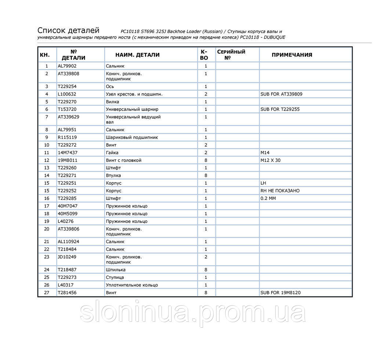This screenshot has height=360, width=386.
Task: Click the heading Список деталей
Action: pyautogui.click(x=68, y=30)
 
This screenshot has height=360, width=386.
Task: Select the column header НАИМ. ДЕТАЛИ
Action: pyautogui.click(x=137, y=55)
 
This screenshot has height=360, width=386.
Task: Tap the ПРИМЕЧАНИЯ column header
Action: pyautogui.click(x=292, y=55)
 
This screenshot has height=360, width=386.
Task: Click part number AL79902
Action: pyautogui.click(x=67, y=66)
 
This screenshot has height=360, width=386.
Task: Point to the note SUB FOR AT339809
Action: pyautogui.click(x=281, y=94)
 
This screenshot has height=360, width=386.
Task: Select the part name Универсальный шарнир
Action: pyautogui.click(x=132, y=109)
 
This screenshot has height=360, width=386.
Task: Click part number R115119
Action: pyautogui.click(x=68, y=137)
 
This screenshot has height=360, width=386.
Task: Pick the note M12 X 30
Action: pyautogui.click(x=270, y=161)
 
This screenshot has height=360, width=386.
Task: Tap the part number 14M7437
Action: pyautogui.click(x=68, y=153)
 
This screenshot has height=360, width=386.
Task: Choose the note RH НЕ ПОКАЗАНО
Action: pyautogui.click(x=280, y=191)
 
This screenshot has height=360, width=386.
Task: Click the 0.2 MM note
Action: pyautogui.click(x=268, y=199)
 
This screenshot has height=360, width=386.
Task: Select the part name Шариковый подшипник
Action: pyautogui.click(x=132, y=137)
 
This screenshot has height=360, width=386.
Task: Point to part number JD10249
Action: pyautogui.click(x=68, y=257)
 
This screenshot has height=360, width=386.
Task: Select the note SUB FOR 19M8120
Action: pyautogui.click(x=281, y=293)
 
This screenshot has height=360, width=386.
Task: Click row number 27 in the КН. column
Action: pyautogui.click(x=47, y=293)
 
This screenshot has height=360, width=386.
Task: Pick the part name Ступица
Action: pyautogui.click(x=115, y=277)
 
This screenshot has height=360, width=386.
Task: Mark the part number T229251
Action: pyautogui.click(x=68, y=183)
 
